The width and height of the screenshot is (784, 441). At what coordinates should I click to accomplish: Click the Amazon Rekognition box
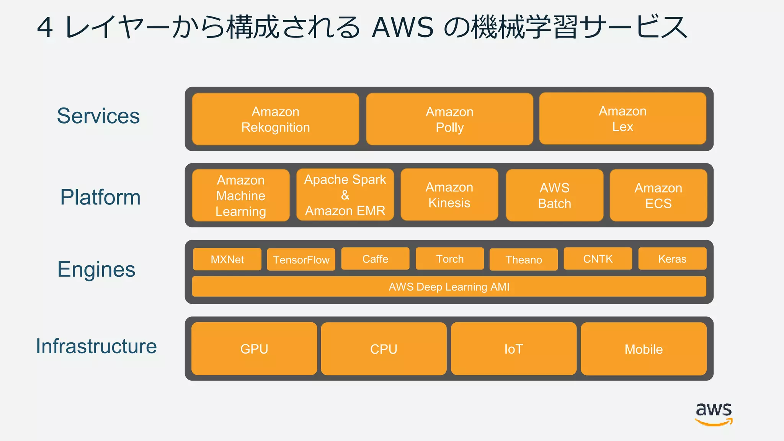pyautogui.click(x=275, y=119)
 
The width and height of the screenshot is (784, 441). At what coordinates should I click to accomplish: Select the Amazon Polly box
pyautogui.click(x=449, y=119)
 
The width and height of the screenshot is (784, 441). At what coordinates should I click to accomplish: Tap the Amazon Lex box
pyautogui.click(x=622, y=119)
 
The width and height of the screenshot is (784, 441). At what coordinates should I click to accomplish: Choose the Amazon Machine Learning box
pyautogui.click(x=241, y=195)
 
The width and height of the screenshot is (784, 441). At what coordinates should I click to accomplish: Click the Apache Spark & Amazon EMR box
pyautogui.click(x=345, y=195)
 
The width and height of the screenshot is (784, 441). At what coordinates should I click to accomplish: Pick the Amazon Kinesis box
pyautogui.click(x=449, y=195)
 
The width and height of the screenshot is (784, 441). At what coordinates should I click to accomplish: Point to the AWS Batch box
pyautogui.click(x=554, y=195)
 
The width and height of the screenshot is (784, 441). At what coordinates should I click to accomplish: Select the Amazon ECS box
pyautogui.click(x=658, y=195)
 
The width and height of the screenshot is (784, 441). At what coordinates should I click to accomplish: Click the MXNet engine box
pyautogui.click(x=227, y=260)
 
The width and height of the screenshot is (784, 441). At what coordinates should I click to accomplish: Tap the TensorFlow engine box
pyautogui.click(x=301, y=260)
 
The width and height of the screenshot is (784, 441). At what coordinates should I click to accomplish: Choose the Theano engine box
pyautogui.click(x=524, y=260)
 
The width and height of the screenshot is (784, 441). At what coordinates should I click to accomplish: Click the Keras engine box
pyautogui.click(x=672, y=259)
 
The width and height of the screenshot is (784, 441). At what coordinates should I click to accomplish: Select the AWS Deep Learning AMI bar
pyautogui.click(x=449, y=287)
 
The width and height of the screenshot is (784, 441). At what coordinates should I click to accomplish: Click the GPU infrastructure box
pyautogui.click(x=254, y=349)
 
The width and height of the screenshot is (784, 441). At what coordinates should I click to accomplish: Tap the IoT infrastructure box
pyautogui.click(x=513, y=349)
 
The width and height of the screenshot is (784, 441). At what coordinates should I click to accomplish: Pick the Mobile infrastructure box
pyautogui.click(x=644, y=349)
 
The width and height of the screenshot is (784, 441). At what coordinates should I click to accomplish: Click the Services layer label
pyautogui.click(x=98, y=116)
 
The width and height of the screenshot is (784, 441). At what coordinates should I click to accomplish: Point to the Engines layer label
pyautogui.click(x=96, y=269)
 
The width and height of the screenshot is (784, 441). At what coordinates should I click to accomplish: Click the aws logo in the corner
pyautogui.click(x=714, y=413)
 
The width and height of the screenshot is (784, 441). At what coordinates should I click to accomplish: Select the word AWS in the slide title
pyautogui.click(x=403, y=28)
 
